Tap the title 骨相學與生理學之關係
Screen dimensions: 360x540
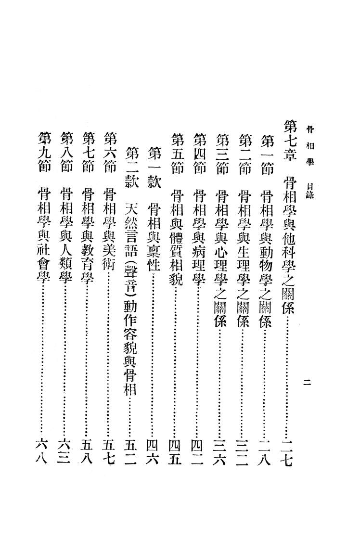click(x=244, y=257)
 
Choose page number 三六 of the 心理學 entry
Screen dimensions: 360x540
click(x=220, y=453)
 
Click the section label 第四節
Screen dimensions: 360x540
click(x=199, y=153)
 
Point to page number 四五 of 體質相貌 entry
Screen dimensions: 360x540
click(x=176, y=453)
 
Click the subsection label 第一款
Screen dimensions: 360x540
click(x=154, y=167)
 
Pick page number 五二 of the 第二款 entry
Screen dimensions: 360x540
click(x=132, y=453)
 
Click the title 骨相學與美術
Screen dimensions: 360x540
click(x=110, y=228)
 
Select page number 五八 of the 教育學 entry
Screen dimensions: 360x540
click(x=87, y=453)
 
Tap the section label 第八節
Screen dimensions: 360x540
click(x=66, y=153)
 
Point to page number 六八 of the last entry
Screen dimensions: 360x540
click(x=43, y=453)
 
